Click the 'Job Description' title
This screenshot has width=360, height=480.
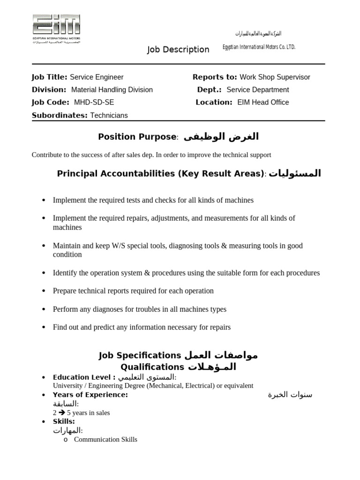click(x=178, y=50)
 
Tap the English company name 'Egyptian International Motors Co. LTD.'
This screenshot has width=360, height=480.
click(x=259, y=47)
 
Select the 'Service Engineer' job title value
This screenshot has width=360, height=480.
click(x=97, y=77)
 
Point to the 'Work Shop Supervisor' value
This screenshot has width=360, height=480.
click(x=275, y=77)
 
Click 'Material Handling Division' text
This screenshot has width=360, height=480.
click(x=112, y=90)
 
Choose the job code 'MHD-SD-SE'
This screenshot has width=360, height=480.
click(x=94, y=103)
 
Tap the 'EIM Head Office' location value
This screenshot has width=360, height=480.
click(x=263, y=103)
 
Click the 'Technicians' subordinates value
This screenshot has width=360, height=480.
click(x=109, y=115)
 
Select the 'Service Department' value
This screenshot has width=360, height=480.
click(x=257, y=90)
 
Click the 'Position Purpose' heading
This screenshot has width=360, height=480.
click(x=137, y=137)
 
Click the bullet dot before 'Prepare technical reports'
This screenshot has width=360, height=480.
click(x=44, y=291)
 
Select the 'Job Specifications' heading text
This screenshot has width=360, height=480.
click(x=140, y=355)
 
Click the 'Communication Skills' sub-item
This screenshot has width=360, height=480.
click(x=105, y=440)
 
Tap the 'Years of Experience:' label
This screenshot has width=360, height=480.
click(x=90, y=395)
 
